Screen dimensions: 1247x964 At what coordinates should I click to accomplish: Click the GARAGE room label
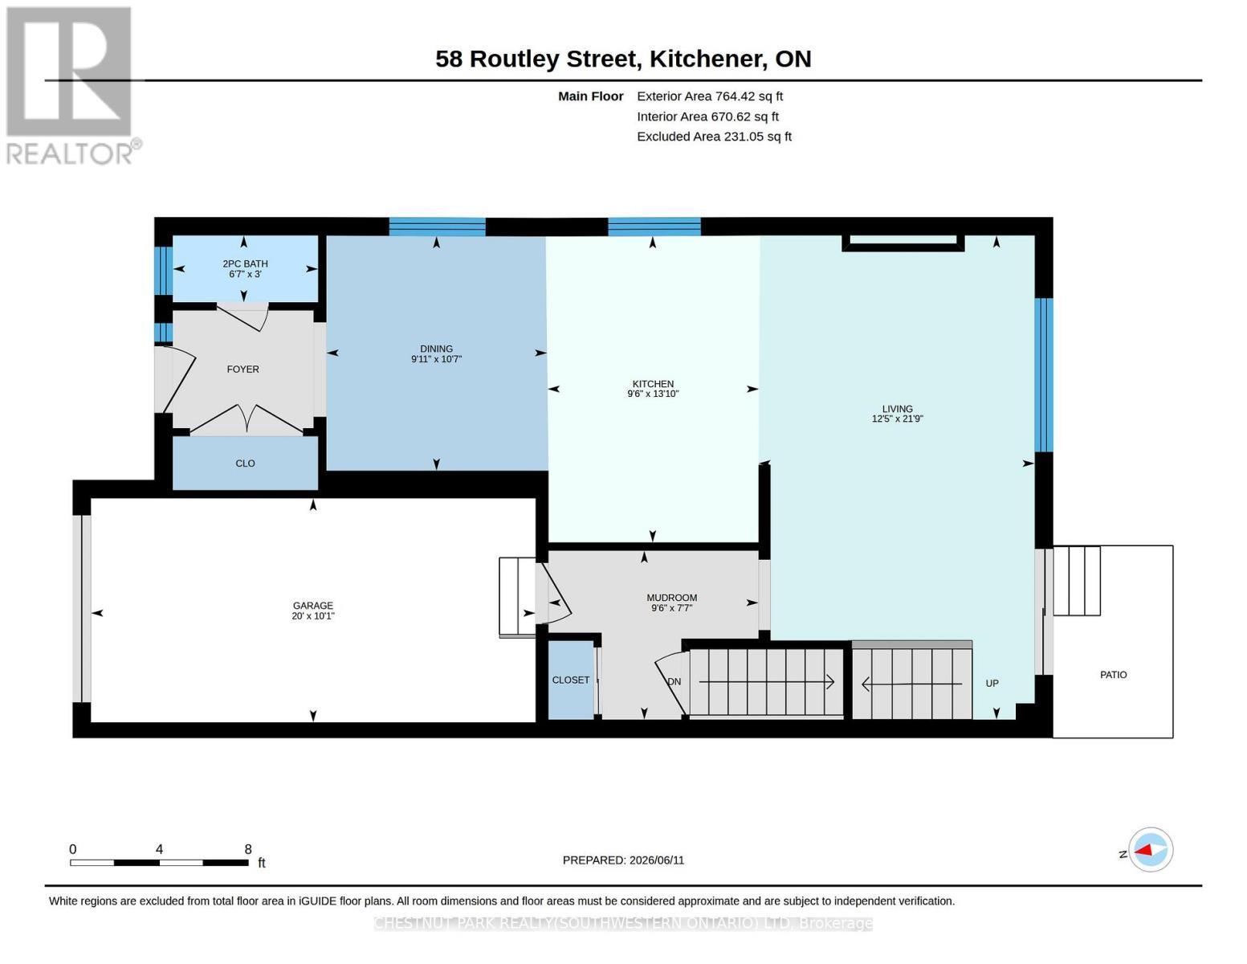tap(313, 605)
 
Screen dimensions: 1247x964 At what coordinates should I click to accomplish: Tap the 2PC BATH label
tap(245, 263)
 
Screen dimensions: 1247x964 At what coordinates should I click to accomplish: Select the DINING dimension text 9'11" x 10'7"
tap(436, 359)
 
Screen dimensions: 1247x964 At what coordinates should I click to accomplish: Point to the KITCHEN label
tap(653, 383)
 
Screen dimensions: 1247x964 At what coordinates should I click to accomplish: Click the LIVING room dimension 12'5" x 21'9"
tap(897, 419)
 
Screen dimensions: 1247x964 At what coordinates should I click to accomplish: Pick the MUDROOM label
tap(671, 598)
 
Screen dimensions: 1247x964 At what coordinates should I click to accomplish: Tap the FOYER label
tap(242, 370)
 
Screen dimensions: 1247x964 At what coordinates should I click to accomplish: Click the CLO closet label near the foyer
tap(245, 464)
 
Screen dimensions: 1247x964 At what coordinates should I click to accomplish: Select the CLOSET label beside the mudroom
tap(570, 680)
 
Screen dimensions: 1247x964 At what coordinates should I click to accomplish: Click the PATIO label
tap(1113, 675)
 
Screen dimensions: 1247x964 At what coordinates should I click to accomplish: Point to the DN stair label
tap(674, 681)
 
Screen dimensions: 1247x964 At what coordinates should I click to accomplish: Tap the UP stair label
tap(992, 684)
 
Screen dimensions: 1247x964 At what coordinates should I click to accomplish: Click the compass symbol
tap(1150, 850)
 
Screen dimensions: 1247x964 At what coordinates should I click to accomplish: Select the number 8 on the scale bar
tap(248, 849)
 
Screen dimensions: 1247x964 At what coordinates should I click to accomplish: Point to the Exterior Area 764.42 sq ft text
tap(710, 96)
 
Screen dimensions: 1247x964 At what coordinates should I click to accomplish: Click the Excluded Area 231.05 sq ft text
tap(714, 137)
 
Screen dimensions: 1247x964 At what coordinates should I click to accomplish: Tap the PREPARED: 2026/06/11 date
tap(623, 860)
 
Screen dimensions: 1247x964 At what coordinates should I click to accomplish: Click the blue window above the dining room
tap(438, 227)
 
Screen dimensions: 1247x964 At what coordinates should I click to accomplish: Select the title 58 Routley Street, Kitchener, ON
tap(623, 59)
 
